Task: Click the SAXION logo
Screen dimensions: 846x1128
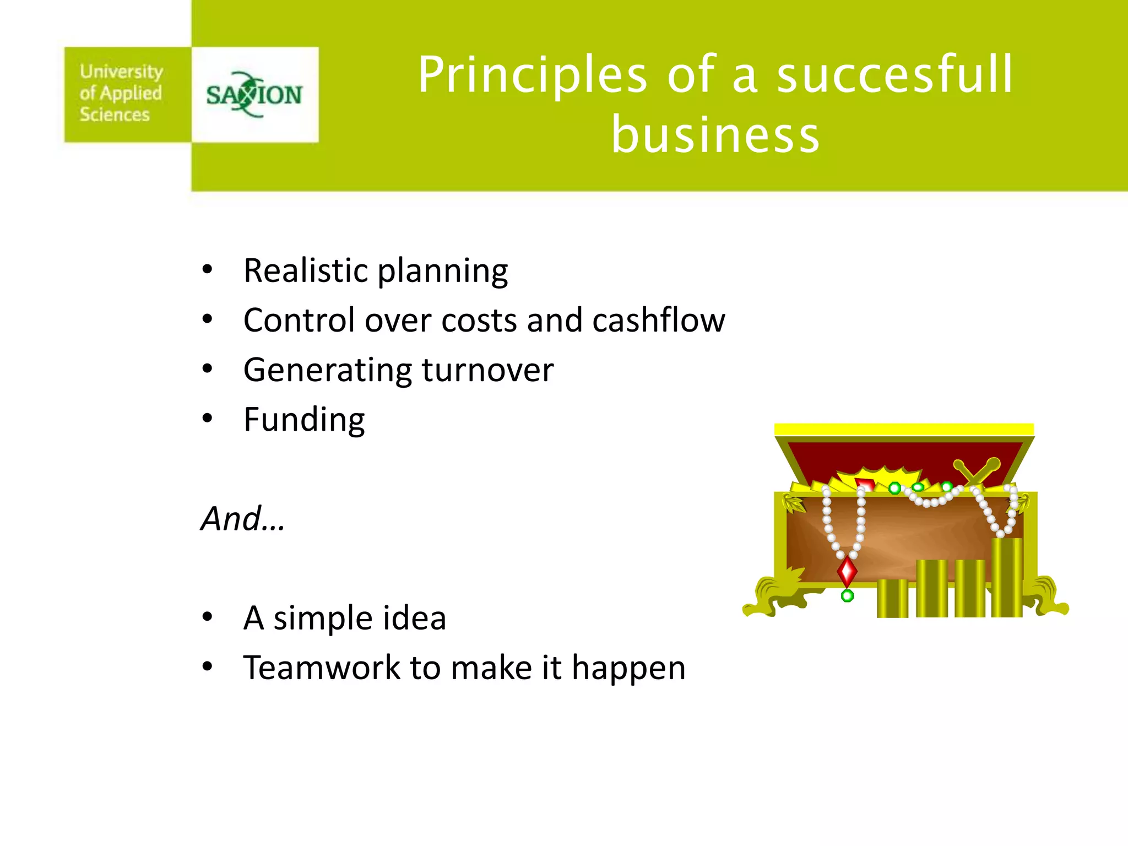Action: (x=254, y=95)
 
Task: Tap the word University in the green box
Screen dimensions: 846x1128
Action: (x=121, y=72)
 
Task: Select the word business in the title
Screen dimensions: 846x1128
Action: (x=715, y=135)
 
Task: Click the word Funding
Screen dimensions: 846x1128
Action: (x=304, y=420)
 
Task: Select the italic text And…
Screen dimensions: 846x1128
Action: (x=243, y=519)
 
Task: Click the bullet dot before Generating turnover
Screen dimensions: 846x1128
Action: (x=207, y=369)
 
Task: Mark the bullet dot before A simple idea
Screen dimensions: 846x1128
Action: (x=207, y=617)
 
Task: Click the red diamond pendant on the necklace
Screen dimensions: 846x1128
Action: (x=847, y=571)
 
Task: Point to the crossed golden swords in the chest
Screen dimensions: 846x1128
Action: (x=978, y=471)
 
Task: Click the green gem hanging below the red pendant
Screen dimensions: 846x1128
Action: (x=848, y=595)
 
